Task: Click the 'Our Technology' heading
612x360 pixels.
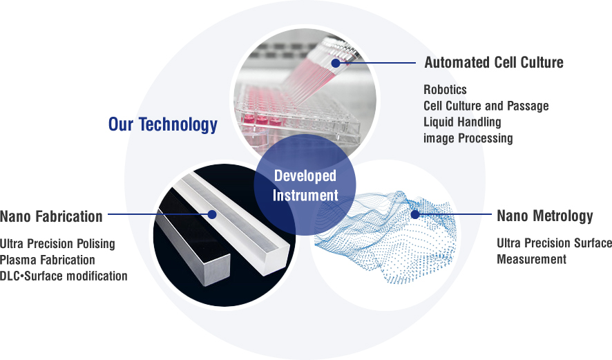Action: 163,124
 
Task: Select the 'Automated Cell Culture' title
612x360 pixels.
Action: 494,62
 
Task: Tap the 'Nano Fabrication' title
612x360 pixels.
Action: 51,216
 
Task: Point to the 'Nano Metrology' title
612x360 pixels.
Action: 545,216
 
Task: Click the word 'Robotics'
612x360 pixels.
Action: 445,90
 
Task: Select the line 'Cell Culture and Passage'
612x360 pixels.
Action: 486,106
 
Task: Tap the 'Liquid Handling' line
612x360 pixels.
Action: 463,122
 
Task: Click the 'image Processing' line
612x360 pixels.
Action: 468,138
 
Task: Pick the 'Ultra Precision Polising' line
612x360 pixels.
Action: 57,244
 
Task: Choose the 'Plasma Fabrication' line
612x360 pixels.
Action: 48,260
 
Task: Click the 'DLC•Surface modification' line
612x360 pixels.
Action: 64,276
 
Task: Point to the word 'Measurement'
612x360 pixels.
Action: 532,259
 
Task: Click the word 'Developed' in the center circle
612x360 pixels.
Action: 305,176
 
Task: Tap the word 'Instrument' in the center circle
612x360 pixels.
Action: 305,196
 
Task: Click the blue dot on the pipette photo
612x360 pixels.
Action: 336,62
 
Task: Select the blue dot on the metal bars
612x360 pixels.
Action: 212,214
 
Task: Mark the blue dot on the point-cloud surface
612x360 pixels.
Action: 415,214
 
